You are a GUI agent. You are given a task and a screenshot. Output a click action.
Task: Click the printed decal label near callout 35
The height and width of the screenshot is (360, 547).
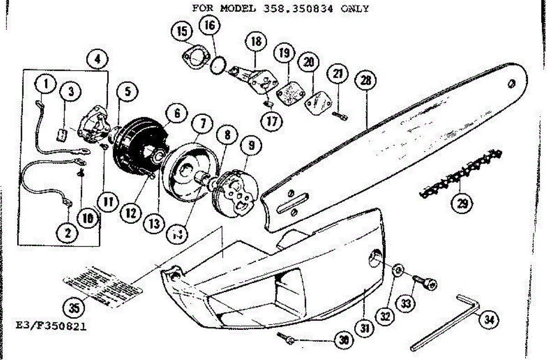click(x=103, y=283)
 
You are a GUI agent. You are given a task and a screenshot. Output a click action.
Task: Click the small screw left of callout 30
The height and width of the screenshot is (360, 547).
click(x=287, y=338)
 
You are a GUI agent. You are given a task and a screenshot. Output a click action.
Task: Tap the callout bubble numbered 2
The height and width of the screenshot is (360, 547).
click(x=67, y=234)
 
